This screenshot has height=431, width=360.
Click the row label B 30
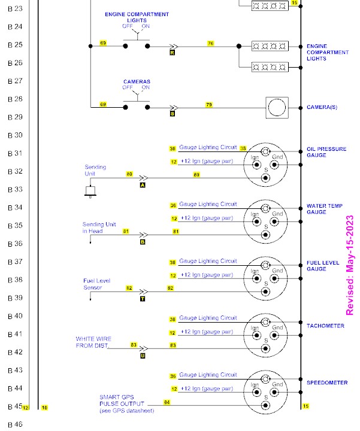pos(15,135)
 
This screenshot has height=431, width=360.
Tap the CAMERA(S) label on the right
pos(322,107)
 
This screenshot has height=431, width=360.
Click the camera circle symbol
pos(277,108)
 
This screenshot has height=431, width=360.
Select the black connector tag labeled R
pos(172,53)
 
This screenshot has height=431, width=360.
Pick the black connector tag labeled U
pos(143,356)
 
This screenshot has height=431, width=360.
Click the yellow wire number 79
pos(208,105)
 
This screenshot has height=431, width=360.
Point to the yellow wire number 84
pos(167,402)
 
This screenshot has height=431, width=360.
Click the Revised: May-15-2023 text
pos(350,265)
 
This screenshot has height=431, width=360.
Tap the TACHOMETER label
pos(325,326)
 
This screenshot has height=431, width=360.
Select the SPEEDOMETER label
pos(327,383)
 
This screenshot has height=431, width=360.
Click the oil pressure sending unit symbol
pos(90,192)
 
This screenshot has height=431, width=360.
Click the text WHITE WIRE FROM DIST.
pos(93,342)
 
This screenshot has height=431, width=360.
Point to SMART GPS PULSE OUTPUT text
pos(122,400)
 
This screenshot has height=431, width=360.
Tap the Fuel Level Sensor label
pos(97,284)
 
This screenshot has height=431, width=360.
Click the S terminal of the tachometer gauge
pos(265,348)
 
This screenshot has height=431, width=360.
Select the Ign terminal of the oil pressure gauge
pos(256,165)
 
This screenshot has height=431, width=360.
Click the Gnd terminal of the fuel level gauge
pos(274,278)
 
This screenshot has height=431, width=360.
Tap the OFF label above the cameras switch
pos(128,87)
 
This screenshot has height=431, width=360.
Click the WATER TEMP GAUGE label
pos(325,209)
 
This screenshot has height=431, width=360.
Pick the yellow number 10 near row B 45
pos(44,408)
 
